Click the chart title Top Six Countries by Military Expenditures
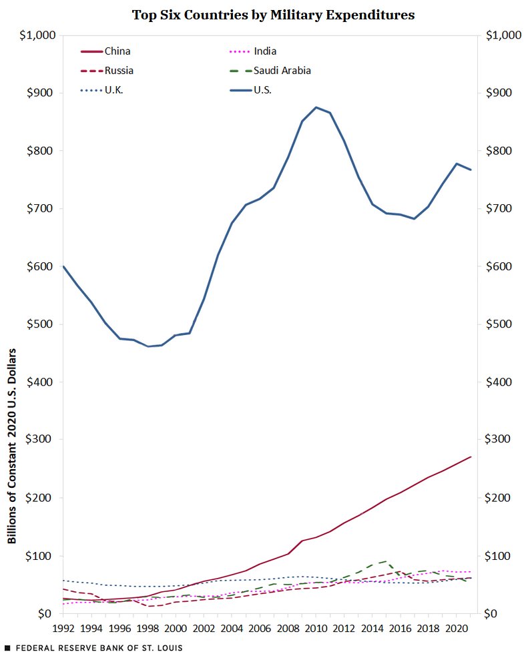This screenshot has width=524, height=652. point(273,15)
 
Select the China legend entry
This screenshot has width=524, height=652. point(117,51)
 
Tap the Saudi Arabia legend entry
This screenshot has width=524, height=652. point(282,70)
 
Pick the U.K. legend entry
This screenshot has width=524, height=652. point(113,89)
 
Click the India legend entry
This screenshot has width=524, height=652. point(265,51)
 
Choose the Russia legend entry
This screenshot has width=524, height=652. point(119,70)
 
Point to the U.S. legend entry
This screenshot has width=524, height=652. point(262,89)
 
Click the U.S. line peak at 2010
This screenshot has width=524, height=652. point(316,107)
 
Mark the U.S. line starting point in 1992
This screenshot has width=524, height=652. point(63,266)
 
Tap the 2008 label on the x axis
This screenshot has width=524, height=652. point(288,628)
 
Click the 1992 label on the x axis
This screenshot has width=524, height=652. point(63,628)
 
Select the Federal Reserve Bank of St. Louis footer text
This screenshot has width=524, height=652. point(93,647)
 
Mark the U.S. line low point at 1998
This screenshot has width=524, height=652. point(148,346)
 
